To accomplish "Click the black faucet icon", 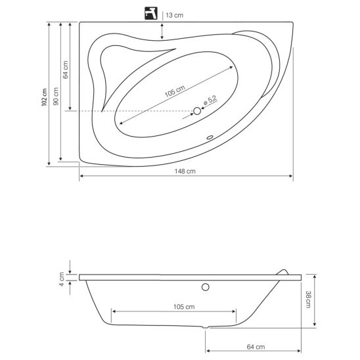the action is point(151,13).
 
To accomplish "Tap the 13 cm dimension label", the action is point(174,15).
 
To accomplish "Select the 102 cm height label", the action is point(44,97).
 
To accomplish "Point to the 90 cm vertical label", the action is point(56,97).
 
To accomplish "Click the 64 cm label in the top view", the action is point(66,70).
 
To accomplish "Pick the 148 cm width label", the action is point(185,171).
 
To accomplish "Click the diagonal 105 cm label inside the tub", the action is point(175,91).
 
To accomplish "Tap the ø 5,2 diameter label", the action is point(210,101).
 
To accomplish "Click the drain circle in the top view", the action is point(197,111).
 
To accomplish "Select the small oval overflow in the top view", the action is point(210,137).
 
